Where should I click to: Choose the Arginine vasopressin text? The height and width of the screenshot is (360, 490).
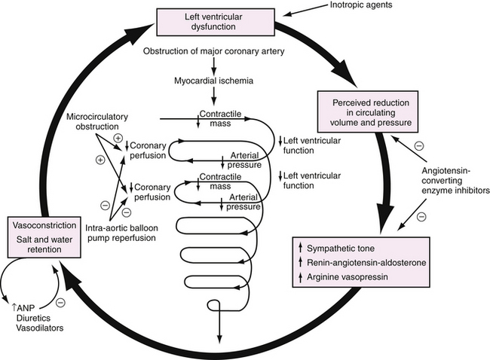(x=353, y=278)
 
